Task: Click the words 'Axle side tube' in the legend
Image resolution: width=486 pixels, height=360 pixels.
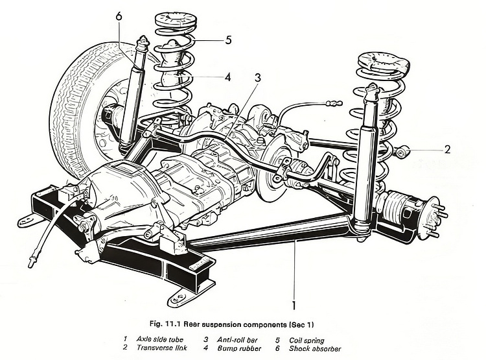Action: tap(159, 338)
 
